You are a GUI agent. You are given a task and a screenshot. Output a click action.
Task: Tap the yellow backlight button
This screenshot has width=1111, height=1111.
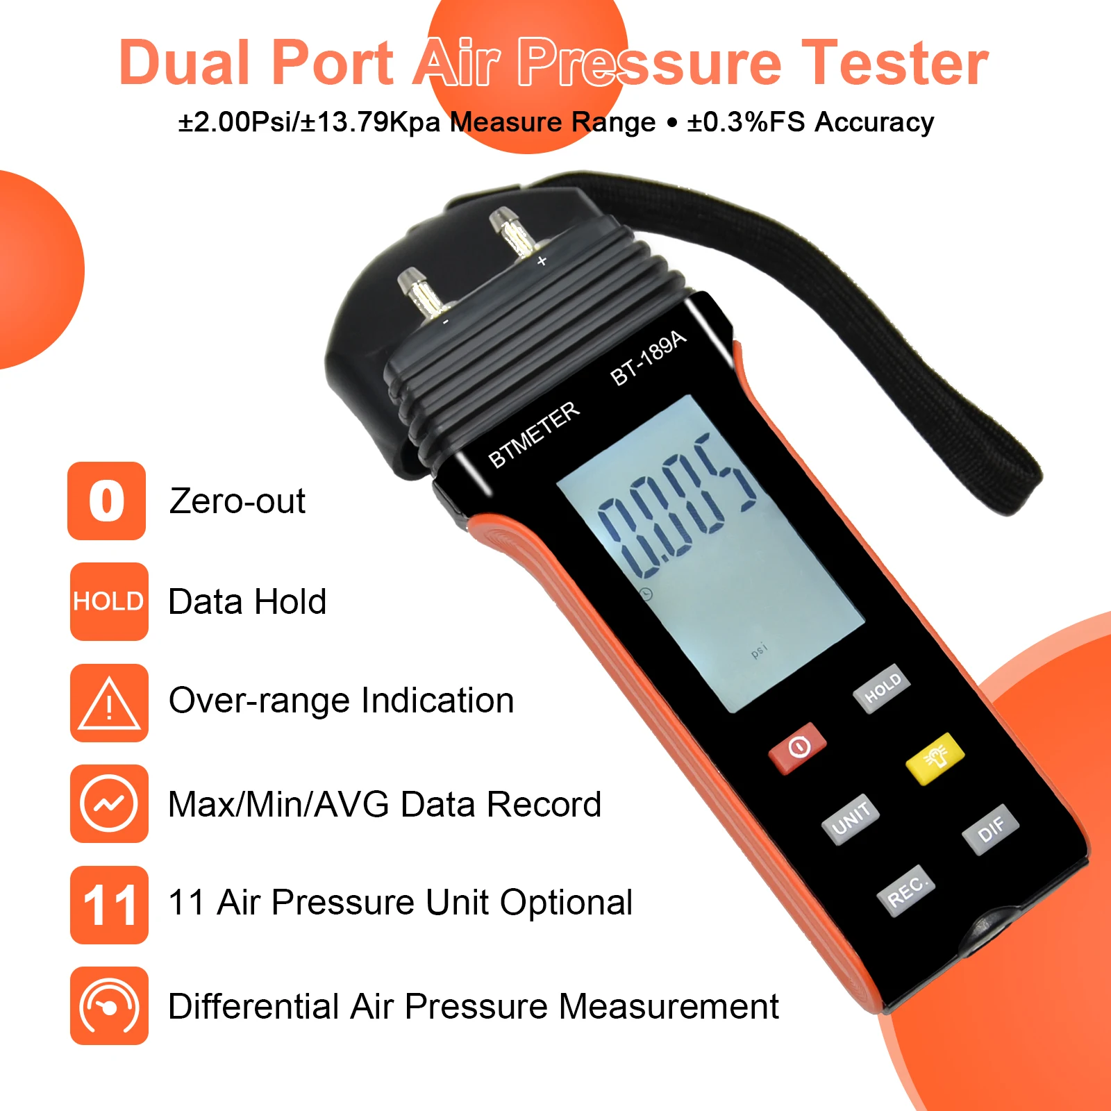(935, 758)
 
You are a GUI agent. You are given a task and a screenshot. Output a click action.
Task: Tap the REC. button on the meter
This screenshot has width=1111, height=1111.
(906, 891)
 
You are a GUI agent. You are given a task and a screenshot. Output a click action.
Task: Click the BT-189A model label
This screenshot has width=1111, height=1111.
(648, 358)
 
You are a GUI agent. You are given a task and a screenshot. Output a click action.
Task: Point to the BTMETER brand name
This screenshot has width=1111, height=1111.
(533, 435)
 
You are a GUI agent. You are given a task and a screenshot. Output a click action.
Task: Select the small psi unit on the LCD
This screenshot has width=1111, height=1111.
(760, 650)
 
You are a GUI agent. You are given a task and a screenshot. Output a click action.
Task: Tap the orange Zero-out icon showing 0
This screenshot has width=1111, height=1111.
(106, 501)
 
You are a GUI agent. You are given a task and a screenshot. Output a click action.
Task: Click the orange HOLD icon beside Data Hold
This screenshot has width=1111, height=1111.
(109, 601)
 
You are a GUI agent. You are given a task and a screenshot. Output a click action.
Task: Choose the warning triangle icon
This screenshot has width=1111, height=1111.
(109, 703)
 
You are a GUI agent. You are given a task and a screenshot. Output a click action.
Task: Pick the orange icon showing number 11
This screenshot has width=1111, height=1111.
(109, 905)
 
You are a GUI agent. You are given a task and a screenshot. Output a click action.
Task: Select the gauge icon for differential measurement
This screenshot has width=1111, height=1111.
(109, 1005)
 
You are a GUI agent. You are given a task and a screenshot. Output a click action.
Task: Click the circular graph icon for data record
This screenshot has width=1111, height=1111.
(109, 803)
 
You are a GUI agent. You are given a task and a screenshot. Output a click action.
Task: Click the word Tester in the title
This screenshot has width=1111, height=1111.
(895, 62)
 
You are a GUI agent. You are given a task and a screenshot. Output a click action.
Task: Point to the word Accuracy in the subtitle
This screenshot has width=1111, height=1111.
(874, 122)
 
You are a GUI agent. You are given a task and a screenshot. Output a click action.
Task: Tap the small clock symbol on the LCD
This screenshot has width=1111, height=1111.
(646, 594)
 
